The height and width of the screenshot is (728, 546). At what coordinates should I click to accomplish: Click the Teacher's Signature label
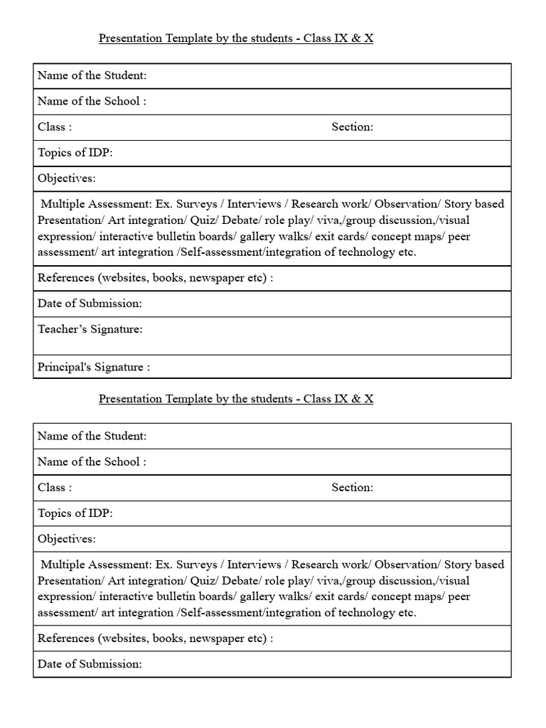[x=90, y=329]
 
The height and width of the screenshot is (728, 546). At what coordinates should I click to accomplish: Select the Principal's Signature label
[x=93, y=367]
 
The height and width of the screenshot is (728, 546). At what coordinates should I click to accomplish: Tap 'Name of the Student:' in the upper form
[x=92, y=75]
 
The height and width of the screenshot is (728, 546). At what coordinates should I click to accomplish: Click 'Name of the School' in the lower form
[x=92, y=461]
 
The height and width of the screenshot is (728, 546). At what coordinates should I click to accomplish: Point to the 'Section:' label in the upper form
[x=352, y=127]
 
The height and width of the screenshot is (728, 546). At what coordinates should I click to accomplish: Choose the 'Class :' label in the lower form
[x=54, y=487]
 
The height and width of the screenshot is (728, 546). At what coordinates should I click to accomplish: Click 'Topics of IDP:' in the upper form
[x=75, y=152]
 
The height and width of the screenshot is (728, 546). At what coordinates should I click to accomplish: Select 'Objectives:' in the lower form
[x=66, y=538]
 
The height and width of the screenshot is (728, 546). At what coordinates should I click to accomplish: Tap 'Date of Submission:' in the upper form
[x=90, y=303]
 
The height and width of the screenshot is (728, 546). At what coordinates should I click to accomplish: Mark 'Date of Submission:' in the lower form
[x=90, y=663]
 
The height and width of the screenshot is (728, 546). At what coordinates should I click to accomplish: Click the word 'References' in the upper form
[x=65, y=278]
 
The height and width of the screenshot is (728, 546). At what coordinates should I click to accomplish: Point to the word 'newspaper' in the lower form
[x=214, y=638]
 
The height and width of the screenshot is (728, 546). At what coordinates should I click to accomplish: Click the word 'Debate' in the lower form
[x=238, y=580]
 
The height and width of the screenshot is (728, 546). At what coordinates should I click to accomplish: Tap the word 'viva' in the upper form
[x=327, y=220]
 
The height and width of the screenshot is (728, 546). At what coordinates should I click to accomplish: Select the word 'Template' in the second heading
[x=186, y=399]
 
